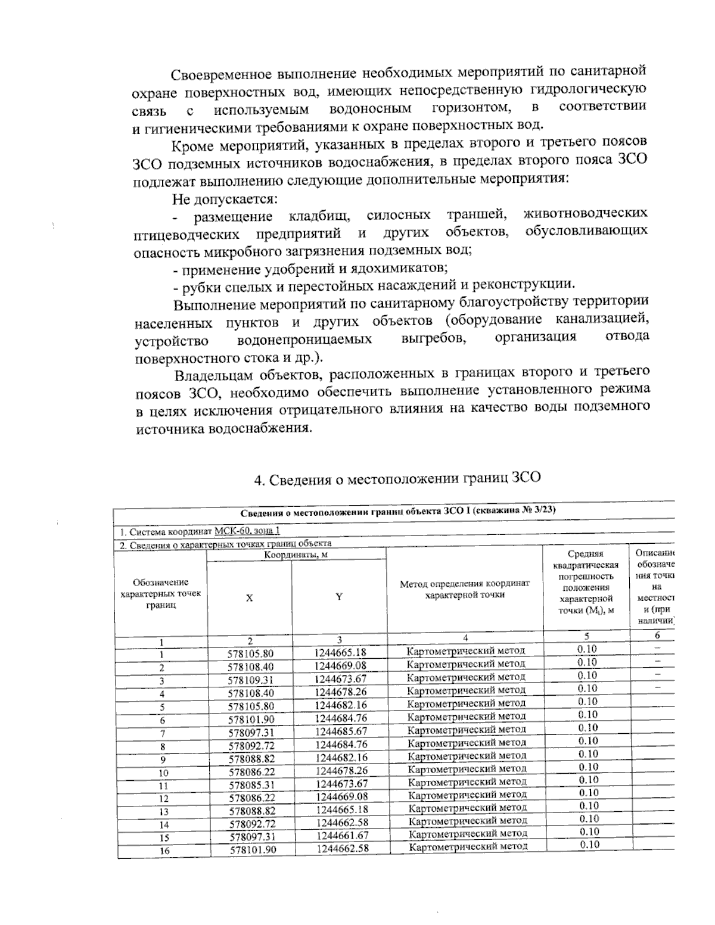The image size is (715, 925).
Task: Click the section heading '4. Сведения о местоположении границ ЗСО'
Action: [397, 478]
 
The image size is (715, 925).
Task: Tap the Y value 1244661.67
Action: [341, 835]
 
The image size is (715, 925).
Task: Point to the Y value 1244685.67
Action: [341, 731]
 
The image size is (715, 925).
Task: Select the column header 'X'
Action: [249, 597]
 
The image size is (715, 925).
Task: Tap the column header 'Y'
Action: [338, 597]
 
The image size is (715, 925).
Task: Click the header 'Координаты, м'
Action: [297, 554]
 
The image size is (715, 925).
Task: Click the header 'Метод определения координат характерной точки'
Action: [465, 589]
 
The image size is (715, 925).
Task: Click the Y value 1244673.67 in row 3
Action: [341, 679]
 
